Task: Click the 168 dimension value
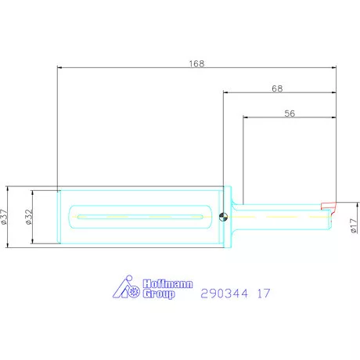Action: pyautogui.click(x=196, y=63)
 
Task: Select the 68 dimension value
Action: pyautogui.click(x=277, y=88)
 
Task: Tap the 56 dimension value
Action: pyautogui.click(x=290, y=113)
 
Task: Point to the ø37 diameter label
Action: pyautogui.click(x=4, y=217)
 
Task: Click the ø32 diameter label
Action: pyautogui.click(x=29, y=217)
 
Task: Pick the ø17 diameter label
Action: pyautogui.click(x=354, y=226)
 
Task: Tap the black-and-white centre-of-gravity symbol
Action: pyautogui.click(x=223, y=217)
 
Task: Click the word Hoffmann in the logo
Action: pyautogui.click(x=167, y=283)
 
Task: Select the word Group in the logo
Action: pyautogui.click(x=159, y=294)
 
